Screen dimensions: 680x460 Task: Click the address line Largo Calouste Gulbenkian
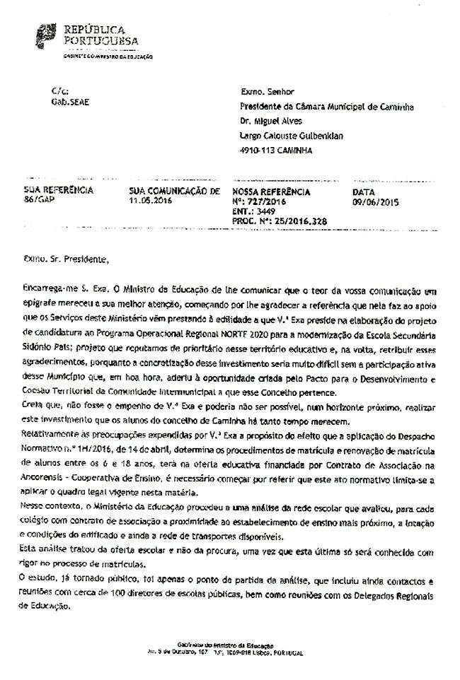[x=292, y=136]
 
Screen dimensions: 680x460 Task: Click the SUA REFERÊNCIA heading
[x=59, y=191]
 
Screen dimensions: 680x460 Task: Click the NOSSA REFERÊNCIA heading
[x=271, y=192]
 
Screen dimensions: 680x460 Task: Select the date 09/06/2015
[x=376, y=202]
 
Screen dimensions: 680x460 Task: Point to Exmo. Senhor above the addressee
[x=267, y=92]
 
